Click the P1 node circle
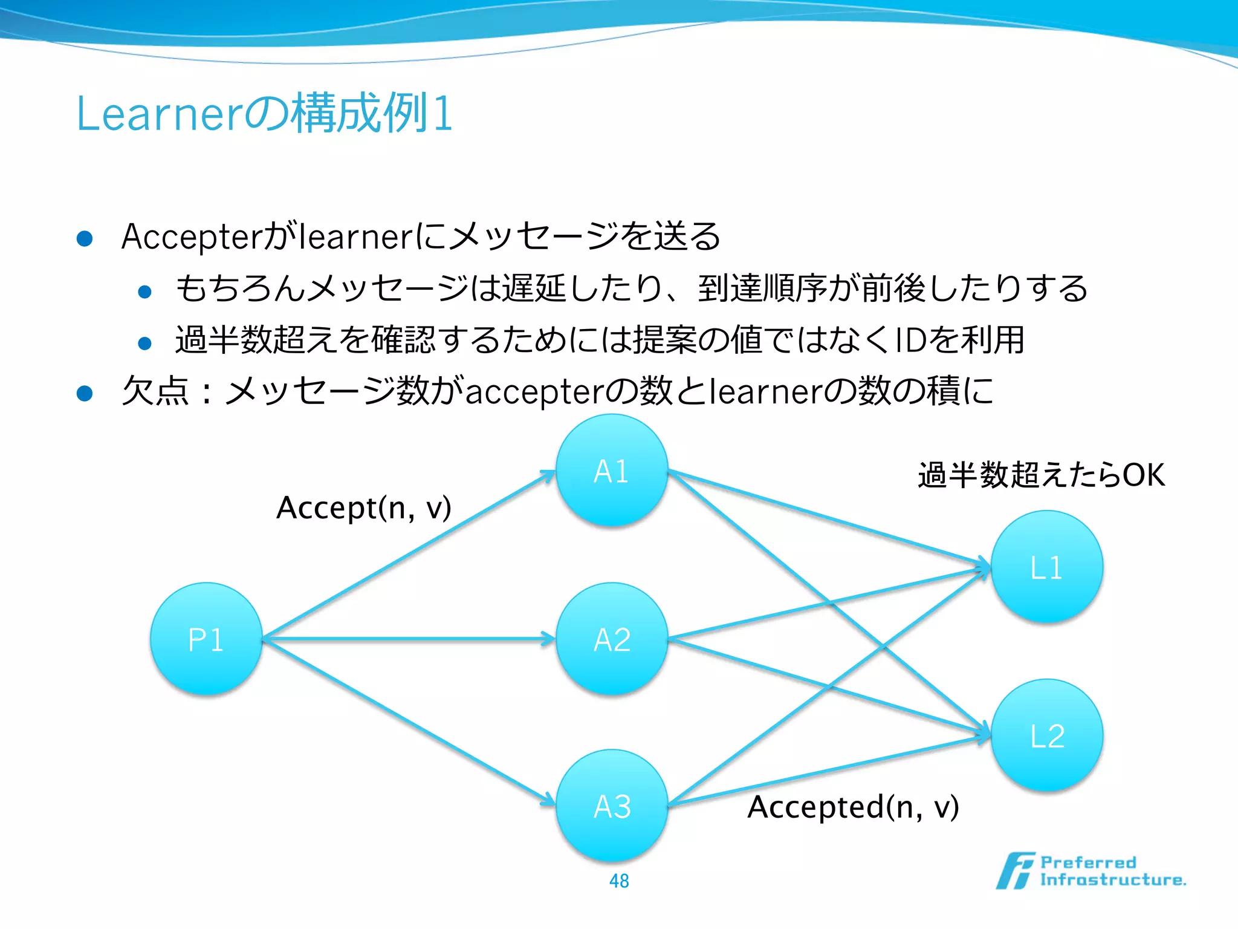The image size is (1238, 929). pos(206,639)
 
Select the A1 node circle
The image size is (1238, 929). pos(612,471)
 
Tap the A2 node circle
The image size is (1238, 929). pos(612,639)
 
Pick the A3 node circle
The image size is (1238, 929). pos(612,806)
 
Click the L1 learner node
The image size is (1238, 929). pos(1047,567)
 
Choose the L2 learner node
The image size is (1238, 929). pos(1047,735)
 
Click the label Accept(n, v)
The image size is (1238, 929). pos(363,508)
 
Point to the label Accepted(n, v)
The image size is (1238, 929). pos(853,807)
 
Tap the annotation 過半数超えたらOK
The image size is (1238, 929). pos(1041,475)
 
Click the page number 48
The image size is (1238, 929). pos(619,881)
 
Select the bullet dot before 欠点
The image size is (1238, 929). pos(85,394)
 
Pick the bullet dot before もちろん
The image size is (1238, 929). pos(144,292)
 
